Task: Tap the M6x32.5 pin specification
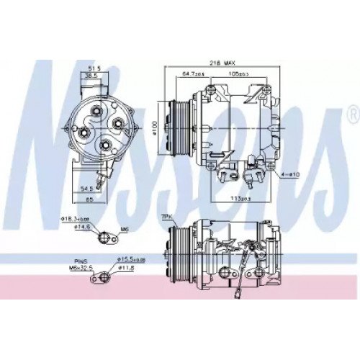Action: tap(84, 268)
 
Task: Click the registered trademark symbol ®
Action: tap(352, 113)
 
